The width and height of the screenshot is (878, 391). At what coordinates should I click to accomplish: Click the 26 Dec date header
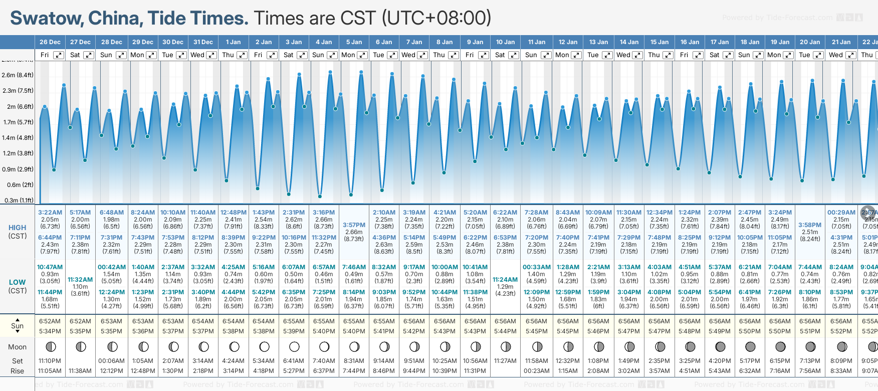[x=50, y=42]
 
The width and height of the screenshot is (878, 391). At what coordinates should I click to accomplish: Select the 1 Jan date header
[x=233, y=42]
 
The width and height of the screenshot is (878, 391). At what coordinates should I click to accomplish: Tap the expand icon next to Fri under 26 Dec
[x=59, y=55]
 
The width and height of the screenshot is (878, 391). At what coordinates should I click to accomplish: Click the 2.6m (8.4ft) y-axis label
[x=18, y=75]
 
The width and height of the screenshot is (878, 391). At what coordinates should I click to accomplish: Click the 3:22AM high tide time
[x=50, y=213]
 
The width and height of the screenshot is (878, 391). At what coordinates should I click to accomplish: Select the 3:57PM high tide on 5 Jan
[x=354, y=225]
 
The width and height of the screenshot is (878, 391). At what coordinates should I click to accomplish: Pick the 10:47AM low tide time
[x=50, y=267]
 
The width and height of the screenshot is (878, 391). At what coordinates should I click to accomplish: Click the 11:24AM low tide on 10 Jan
[x=505, y=280]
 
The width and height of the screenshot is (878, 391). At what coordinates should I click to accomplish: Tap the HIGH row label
[x=18, y=228]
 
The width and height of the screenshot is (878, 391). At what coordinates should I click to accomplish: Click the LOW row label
[x=18, y=282]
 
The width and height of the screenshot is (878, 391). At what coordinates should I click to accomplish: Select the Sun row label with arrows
[x=18, y=326]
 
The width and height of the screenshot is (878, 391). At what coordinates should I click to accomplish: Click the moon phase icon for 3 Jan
[x=294, y=346]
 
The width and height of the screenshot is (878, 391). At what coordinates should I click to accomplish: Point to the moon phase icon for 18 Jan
[x=750, y=346]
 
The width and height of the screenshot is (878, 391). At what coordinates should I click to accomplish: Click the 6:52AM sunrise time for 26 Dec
[x=50, y=321]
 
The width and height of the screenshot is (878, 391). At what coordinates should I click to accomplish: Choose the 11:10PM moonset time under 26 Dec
[x=50, y=361]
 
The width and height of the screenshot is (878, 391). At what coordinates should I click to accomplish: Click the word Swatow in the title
[x=47, y=18]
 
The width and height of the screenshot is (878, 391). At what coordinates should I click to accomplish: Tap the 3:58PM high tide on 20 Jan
[x=810, y=225]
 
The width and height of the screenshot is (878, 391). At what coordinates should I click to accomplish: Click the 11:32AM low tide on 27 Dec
[x=80, y=280]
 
